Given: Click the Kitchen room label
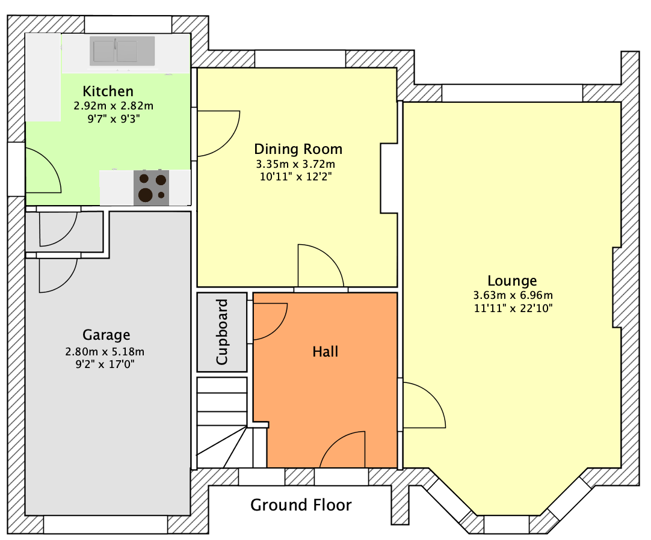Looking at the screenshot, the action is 108,91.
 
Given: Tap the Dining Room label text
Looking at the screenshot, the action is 298,149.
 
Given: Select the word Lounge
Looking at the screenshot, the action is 512,281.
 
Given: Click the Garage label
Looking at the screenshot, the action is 106,335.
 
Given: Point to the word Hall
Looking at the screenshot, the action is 325,352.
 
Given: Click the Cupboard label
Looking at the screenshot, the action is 222,332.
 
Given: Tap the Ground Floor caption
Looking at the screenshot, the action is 301,505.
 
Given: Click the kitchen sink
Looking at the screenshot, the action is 122,51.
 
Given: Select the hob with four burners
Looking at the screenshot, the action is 151,188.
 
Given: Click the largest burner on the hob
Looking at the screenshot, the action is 145,195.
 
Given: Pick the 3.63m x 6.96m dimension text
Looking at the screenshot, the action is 513,295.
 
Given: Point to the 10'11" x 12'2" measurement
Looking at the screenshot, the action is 294,177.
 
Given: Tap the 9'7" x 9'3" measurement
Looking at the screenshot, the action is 113,119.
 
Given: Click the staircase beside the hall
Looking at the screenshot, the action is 221,421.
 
